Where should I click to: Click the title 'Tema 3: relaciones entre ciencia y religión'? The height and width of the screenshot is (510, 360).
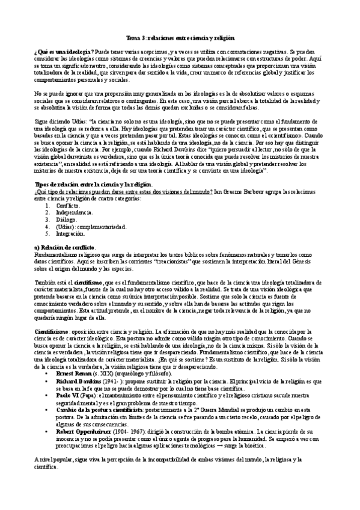pos(180,37)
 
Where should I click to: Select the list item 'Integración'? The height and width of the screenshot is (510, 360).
pos(69,233)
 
